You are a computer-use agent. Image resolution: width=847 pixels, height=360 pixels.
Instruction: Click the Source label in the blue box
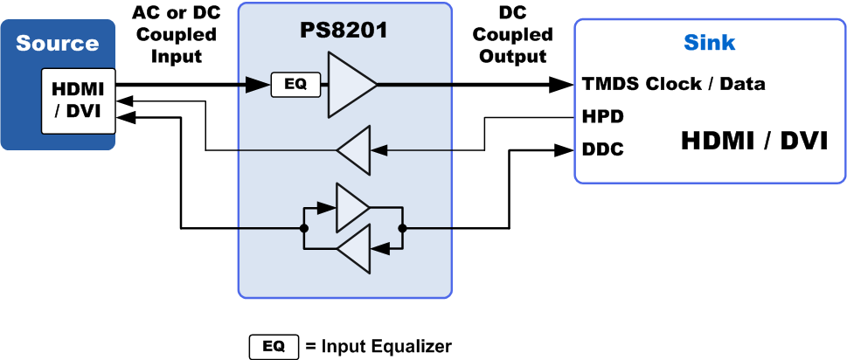[x=57, y=43]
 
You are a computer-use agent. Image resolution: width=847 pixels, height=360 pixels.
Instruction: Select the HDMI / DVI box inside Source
[x=78, y=102]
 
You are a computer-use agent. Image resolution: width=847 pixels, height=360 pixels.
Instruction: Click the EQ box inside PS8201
[x=295, y=85]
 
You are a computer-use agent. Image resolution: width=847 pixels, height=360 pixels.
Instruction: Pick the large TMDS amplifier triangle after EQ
[x=350, y=85]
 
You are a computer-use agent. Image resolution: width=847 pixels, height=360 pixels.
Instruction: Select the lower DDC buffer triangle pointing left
[x=352, y=249]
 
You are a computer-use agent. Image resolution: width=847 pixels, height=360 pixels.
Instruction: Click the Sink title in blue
[x=709, y=43]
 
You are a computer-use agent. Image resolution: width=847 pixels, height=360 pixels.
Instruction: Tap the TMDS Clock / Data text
[x=674, y=85]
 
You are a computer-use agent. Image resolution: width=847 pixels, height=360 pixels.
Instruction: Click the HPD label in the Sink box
[x=602, y=115]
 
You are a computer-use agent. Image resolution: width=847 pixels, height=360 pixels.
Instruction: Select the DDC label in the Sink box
[x=602, y=149]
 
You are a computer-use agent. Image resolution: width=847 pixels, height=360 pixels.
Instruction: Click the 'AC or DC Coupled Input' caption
[x=176, y=37]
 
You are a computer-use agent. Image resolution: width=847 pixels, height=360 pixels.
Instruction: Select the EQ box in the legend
[x=274, y=346]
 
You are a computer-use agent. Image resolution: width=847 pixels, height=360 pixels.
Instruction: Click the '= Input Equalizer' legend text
[x=378, y=346]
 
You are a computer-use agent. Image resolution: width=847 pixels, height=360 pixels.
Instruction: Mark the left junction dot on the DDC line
[x=303, y=229]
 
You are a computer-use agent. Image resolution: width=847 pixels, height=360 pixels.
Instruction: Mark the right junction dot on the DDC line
[x=402, y=229]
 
